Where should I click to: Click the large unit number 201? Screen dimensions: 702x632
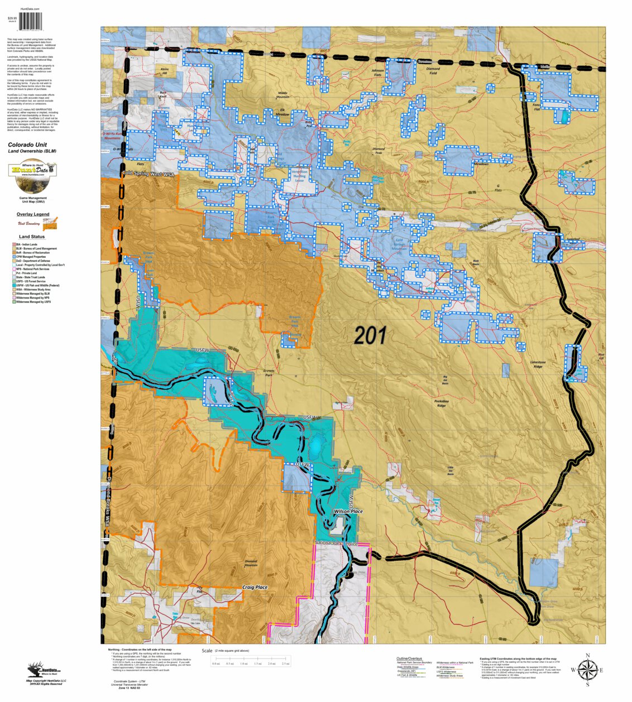(370, 335)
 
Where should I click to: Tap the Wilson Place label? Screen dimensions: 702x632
(348, 511)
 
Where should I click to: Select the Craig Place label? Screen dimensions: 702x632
(255, 588)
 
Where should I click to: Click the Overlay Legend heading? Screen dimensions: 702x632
(33, 214)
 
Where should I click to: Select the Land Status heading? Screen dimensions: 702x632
(32, 237)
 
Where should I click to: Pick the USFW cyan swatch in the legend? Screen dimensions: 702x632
(14, 285)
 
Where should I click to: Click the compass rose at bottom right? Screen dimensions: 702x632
(587, 670)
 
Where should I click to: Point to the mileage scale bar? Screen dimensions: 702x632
(251, 661)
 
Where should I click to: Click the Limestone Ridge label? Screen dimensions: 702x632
(538, 364)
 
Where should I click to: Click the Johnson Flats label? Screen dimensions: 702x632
(378, 73)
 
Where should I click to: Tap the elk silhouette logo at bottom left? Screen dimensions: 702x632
(38, 670)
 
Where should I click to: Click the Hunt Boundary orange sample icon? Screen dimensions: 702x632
(50, 224)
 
